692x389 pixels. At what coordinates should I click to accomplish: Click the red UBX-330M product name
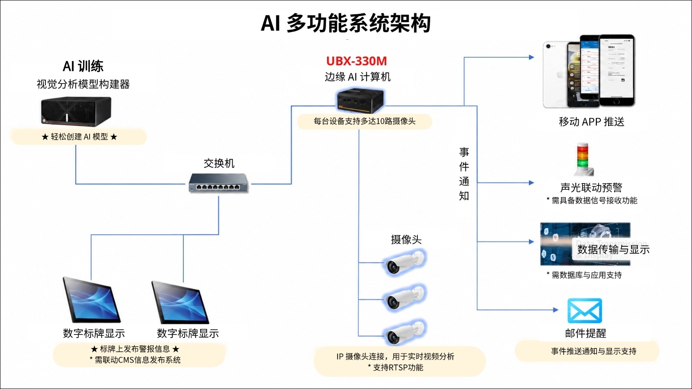click(356, 61)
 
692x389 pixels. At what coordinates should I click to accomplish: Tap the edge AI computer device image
click(361, 101)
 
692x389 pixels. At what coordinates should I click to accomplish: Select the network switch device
click(219, 183)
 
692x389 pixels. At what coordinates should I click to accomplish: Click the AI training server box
click(76, 112)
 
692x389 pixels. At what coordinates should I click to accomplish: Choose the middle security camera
click(405, 298)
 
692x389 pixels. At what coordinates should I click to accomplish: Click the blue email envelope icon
click(585, 311)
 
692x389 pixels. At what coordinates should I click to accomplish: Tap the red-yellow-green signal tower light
click(583, 159)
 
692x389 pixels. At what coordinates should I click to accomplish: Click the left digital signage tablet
click(91, 300)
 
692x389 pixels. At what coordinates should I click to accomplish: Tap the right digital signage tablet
click(180, 302)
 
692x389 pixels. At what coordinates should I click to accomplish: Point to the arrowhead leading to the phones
click(532, 57)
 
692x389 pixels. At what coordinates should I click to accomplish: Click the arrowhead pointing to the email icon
click(555, 309)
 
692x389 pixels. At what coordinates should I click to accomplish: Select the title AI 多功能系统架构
click(346, 23)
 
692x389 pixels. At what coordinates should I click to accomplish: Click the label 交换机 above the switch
click(219, 163)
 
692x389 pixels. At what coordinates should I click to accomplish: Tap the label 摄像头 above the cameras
click(406, 239)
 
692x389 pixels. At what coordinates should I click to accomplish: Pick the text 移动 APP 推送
click(591, 122)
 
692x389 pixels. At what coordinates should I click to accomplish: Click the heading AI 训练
click(83, 66)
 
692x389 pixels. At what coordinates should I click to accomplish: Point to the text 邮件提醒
click(586, 333)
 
